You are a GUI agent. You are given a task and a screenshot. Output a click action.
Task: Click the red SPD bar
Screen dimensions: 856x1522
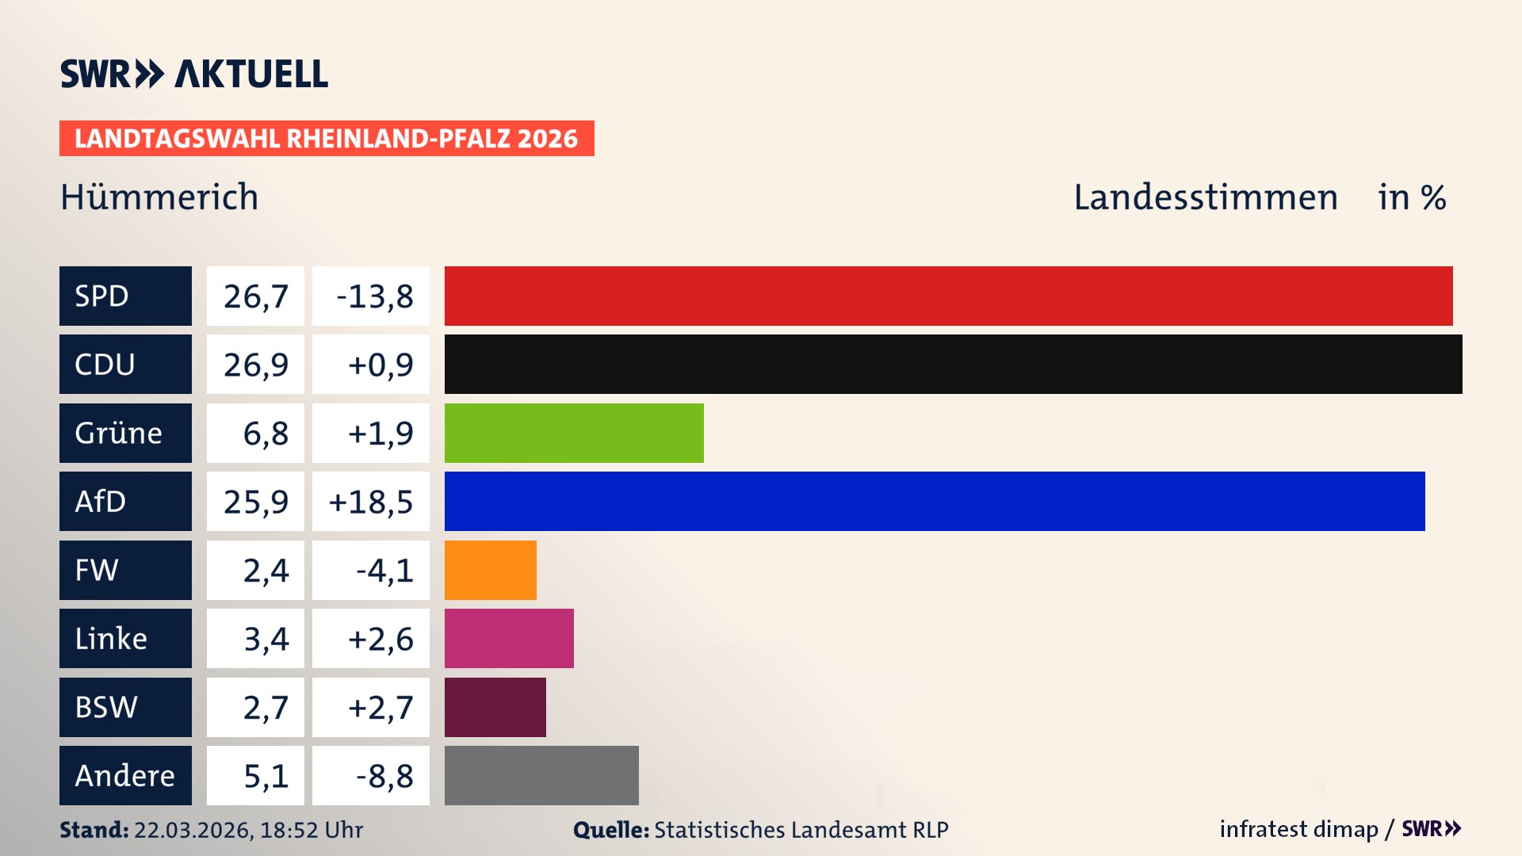pos(948,296)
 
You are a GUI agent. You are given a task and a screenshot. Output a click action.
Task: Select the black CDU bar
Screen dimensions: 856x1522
pos(953,364)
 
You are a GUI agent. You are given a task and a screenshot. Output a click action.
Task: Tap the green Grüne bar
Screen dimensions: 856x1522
pos(574,433)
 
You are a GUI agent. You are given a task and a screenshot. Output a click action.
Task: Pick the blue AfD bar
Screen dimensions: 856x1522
pos(935,501)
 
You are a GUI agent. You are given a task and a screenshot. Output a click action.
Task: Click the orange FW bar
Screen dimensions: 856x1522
pos(490,570)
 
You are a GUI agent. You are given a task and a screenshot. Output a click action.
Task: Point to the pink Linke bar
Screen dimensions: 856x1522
pos(509,638)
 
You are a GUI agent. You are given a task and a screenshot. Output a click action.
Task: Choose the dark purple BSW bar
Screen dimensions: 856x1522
pos(495,707)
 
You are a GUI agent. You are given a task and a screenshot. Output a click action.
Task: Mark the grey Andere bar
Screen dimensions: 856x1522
pos(541,775)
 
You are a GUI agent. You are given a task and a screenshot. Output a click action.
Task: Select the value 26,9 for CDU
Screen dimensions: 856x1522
pos(255,365)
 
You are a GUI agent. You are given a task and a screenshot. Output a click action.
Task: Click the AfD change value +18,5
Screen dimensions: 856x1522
pos(371,502)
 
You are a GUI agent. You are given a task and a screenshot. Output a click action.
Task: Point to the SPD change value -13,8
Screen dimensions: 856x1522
pos(374,296)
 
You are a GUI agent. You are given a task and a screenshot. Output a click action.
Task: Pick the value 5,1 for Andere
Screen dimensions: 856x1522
pos(266,776)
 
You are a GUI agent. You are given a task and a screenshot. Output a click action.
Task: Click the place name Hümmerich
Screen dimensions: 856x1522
pos(159,197)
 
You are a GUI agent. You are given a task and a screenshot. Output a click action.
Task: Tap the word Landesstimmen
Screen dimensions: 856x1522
pos(1205,197)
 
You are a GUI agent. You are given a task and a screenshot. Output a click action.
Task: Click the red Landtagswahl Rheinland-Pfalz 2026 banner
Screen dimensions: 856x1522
pos(327,138)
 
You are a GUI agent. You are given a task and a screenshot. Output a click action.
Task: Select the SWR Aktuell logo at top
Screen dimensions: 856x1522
pos(194,74)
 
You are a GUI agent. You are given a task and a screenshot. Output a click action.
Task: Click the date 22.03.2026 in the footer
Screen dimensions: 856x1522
pos(192,830)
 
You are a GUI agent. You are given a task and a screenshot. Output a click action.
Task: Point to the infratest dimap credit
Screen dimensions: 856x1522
pos(1298,829)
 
